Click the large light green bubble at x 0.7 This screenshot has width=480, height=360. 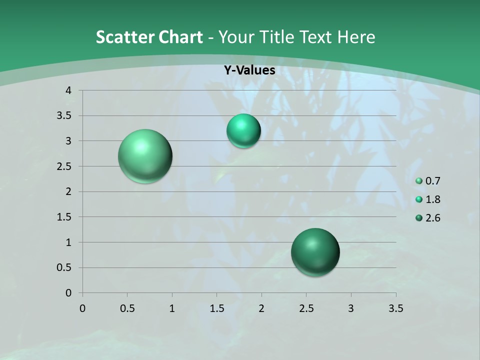coord(145,156)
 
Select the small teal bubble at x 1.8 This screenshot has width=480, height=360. coord(243,131)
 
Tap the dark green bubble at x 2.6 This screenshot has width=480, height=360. coord(315,252)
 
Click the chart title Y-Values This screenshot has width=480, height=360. coord(249,70)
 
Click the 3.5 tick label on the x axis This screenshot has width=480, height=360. coord(395,308)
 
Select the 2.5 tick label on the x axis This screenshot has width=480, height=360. coord(306,308)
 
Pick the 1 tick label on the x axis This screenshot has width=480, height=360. coord(172,308)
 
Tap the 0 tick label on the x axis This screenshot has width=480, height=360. coord(82,308)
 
